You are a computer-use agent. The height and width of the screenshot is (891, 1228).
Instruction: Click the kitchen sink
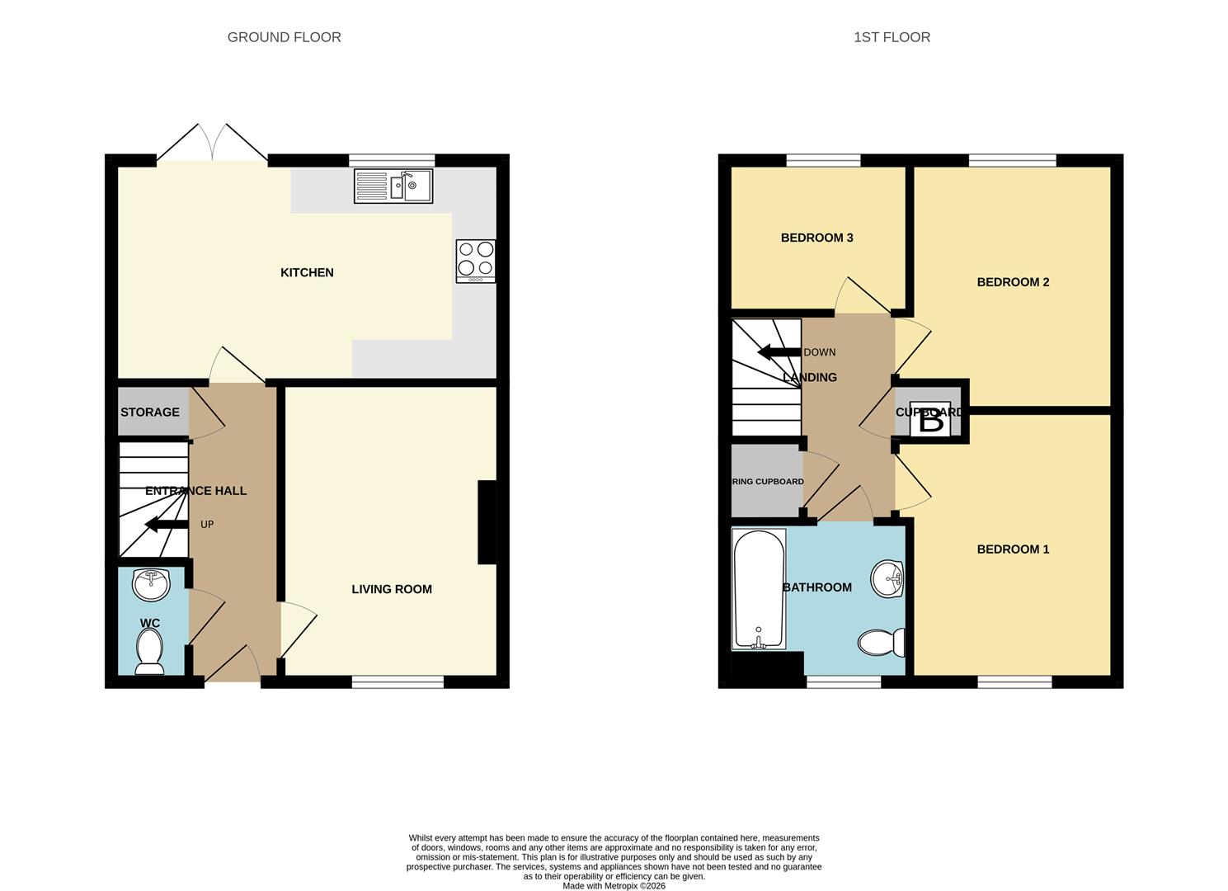click(x=393, y=186)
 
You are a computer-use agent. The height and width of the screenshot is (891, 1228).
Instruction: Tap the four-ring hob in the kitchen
click(x=476, y=260)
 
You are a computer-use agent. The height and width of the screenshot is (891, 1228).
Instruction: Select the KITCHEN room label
click(x=307, y=272)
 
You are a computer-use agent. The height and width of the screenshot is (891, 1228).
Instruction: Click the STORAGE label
click(x=150, y=412)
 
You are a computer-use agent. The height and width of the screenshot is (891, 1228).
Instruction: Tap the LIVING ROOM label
click(x=392, y=589)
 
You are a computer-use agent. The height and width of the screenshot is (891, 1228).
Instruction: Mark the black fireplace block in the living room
click(x=487, y=522)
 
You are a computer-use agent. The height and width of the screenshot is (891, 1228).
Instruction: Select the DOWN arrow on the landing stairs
click(x=779, y=352)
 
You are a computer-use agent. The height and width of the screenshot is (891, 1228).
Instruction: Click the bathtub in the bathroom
click(x=758, y=589)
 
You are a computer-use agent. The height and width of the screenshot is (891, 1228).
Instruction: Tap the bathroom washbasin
click(x=887, y=578)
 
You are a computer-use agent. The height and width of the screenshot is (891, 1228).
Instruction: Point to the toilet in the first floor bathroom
click(x=880, y=642)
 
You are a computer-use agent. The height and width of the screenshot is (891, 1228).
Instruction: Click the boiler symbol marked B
click(x=930, y=420)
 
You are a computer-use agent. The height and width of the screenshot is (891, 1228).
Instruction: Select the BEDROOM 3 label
click(x=816, y=238)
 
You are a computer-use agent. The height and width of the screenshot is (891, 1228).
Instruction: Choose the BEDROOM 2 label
click(x=1013, y=282)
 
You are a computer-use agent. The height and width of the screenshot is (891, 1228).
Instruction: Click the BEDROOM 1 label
click(x=1013, y=549)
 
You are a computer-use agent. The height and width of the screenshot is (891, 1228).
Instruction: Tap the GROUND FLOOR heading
click(x=284, y=37)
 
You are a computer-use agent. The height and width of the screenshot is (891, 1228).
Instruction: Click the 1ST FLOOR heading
click(x=892, y=37)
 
